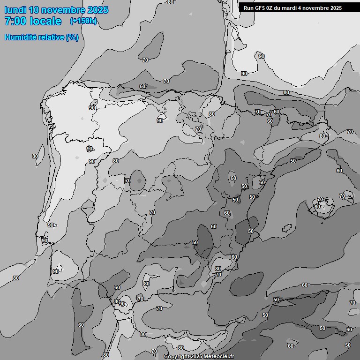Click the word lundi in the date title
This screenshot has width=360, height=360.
pos(15,10)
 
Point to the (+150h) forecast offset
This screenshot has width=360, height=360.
pos(83,21)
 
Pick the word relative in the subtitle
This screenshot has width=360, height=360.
pos(52,37)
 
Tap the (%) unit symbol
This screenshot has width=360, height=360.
pos(72,37)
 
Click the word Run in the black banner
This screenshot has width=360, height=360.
pos(248,8)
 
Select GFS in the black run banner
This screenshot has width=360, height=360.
pos(259,8)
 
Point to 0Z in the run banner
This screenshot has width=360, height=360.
pos(270,8)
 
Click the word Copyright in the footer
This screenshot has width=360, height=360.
pos(176,357)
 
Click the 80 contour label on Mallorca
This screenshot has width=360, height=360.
pos(317,207)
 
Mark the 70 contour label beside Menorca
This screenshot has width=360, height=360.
pos(342,196)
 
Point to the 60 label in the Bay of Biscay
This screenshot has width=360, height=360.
pos(142,86)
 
